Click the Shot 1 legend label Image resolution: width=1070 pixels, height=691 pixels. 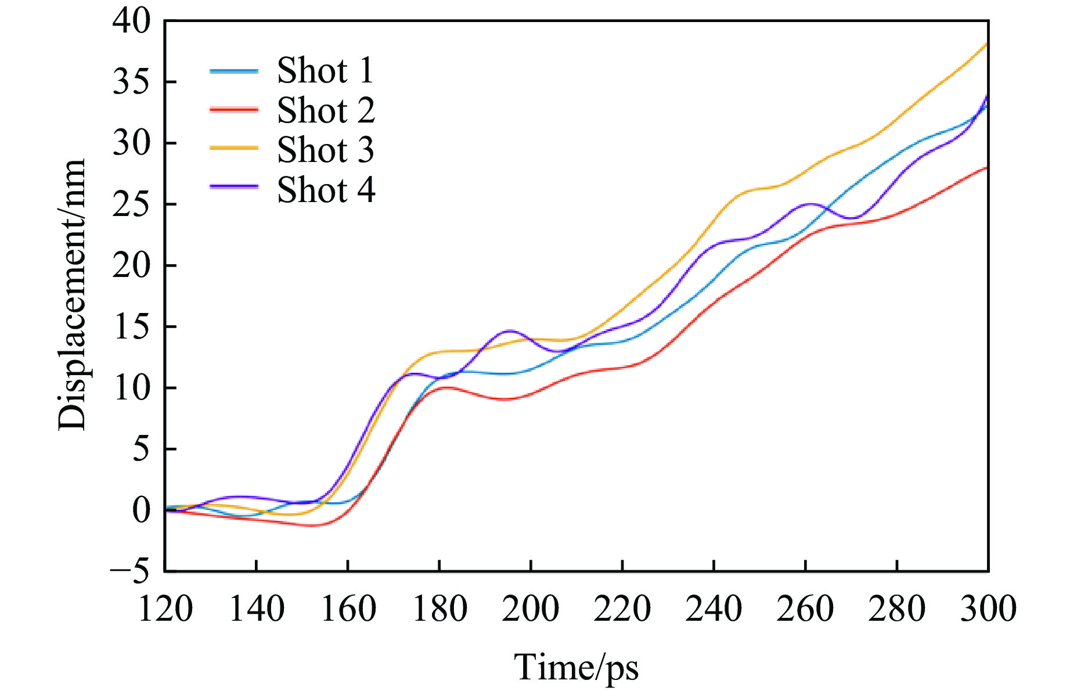point(325,71)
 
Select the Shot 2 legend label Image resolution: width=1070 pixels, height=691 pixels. point(326,110)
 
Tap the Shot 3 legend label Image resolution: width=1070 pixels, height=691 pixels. point(325,150)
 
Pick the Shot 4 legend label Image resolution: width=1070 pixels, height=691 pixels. point(326,190)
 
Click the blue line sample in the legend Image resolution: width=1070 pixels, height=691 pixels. point(234,71)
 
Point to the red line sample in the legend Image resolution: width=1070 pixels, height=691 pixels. point(234,110)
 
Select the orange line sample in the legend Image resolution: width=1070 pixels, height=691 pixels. point(234,149)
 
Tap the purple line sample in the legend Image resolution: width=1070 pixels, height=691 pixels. point(234,187)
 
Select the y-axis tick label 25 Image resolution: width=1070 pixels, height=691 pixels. point(131,204)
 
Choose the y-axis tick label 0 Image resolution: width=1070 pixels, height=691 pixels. point(141,510)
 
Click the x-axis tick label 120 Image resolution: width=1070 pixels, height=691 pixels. point(165,609)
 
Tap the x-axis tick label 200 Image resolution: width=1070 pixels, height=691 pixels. point(531,609)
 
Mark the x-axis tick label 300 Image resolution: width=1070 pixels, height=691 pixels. point(988,609)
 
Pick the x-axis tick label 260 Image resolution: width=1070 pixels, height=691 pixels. point(805,609)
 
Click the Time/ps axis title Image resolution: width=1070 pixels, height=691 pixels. point(576,668)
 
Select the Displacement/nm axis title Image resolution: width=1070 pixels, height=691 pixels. point(72,295)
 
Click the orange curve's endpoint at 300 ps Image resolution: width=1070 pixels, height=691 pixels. point(987,44)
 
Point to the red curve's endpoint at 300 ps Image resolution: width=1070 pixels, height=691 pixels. point(987,168)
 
